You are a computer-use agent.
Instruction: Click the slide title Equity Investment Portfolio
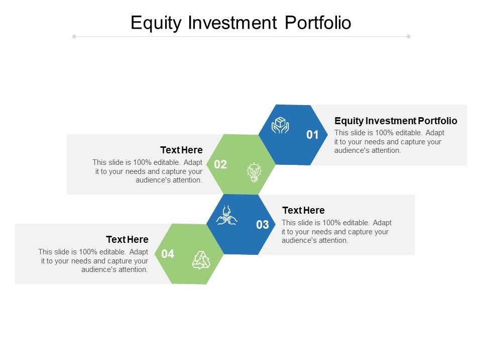[241, 23]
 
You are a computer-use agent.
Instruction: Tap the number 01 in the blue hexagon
[312, 135]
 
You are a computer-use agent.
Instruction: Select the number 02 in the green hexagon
[220, 164]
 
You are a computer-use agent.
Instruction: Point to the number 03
[263, 225]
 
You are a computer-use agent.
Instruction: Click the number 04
[168, 254]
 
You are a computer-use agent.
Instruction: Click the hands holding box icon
[280, 125]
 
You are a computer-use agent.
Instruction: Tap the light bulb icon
[254, 172]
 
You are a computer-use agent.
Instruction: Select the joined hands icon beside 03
[226, 215]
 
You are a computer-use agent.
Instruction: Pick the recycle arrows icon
[201, 260]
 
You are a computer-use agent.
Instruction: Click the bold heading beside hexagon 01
[396, 121]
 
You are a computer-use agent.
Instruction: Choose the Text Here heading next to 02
[181, 150]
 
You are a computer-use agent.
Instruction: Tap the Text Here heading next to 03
[303, 210]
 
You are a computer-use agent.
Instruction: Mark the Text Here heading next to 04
[127, 239]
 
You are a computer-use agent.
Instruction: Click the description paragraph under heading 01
[389, 141]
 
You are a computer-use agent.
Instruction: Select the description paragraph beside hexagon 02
[148, 171]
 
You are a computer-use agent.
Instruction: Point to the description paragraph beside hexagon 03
[336, 231]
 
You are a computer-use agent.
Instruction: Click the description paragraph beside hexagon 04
[93, 260]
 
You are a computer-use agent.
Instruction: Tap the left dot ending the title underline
[74, 36]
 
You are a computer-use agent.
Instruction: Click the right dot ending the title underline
[408, 36]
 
